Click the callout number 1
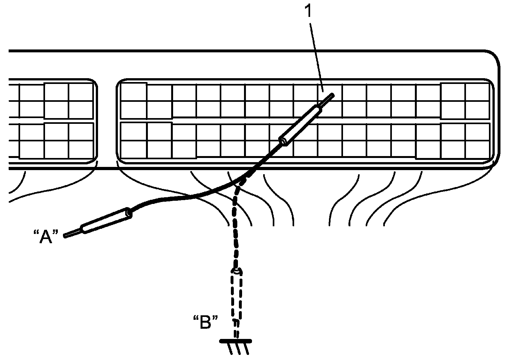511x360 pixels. click(x=308, y=12)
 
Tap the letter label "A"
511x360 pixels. click(x=46, y=237)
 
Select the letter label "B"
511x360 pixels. click(x=206, y=322)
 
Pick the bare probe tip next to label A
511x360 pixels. click(x=72, y=233)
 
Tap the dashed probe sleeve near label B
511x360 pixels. click(x=236, y=295)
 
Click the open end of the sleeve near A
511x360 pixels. click(x=129, y=213)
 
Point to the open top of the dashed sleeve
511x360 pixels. click(x=236, y=272)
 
